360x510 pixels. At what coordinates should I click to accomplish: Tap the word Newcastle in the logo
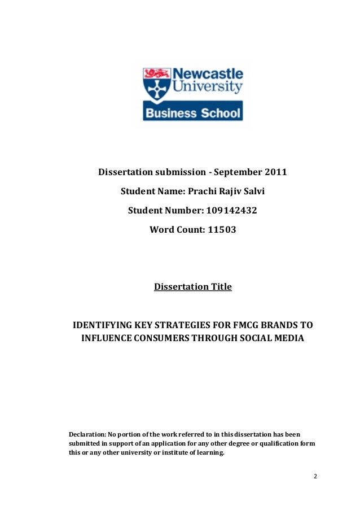(207, 75)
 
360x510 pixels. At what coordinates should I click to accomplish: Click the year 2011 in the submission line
(276, 172)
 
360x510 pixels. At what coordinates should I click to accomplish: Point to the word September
(236, 172)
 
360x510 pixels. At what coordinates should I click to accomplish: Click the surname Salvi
(252, 192)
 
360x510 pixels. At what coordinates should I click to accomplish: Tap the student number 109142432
(232, 211)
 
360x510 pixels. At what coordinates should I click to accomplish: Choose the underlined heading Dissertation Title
(193, 287)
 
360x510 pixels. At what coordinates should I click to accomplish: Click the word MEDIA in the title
(288, 339)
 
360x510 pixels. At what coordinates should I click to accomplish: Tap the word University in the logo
(209, 88)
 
